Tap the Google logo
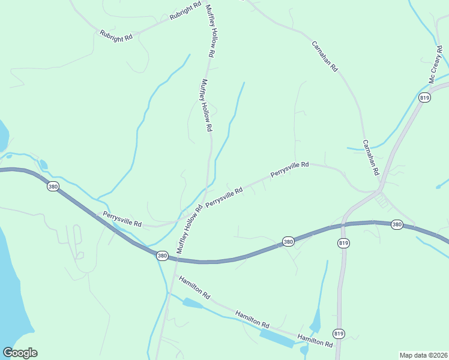(x=20, y=353)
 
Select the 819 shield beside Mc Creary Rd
(x=425, y=98)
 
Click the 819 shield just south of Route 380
(x=343, y=243)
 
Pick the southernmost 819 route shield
(x=339, y=333)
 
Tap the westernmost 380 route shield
(x=53, y=187)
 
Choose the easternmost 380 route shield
(x=396, y=224)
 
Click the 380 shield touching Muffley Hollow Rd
(x=162, y=256)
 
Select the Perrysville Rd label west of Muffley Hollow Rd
(x=122, y=219)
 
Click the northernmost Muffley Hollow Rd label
(x=210, y=31)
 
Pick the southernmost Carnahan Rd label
(x=371, y=158)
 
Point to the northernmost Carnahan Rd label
(x=325, y=57)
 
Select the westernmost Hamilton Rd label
(x=194, y=287)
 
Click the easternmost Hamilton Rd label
(x=315, y=341)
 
